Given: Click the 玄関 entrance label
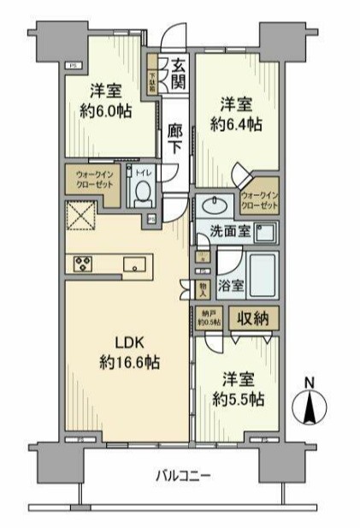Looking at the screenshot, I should pos(178,73).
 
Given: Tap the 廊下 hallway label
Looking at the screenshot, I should pos(174,138).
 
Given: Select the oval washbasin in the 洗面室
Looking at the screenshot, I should pos(211,205).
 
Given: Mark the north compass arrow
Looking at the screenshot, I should pos(310,404).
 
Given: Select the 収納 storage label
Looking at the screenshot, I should pos(255,317).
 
